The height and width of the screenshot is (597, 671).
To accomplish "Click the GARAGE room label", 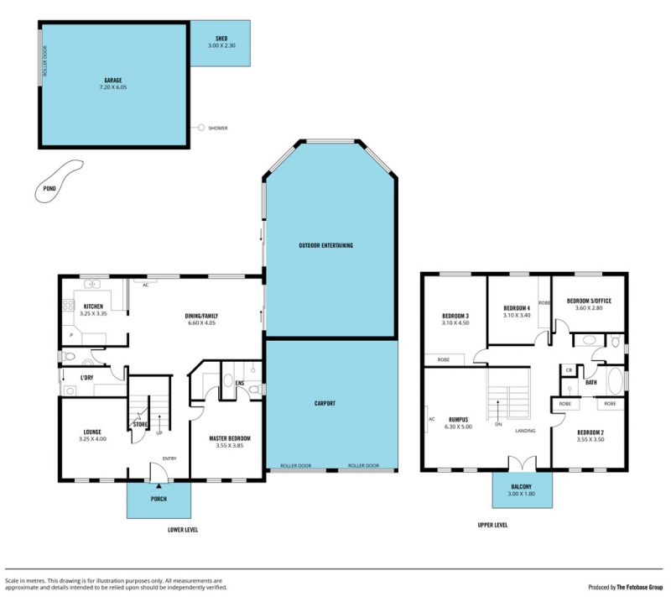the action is pos(113,80).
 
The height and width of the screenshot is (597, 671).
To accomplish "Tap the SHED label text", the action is pos(221,39).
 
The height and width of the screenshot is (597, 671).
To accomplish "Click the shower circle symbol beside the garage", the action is pos(201,128).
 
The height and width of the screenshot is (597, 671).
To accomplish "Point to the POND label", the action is pos(49,188).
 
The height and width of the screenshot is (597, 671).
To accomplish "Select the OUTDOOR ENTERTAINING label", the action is pos(326,245).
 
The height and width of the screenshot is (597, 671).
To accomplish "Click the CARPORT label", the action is pos(325,403).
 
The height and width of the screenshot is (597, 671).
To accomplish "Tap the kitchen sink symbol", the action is pos(92,284).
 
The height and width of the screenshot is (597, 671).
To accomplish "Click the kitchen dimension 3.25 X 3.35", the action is pos(93,313).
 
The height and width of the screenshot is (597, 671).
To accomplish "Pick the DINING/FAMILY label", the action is pos(201,316).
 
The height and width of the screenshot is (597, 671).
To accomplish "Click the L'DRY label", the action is pos(87,378).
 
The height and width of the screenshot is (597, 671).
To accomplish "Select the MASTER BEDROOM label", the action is pos(230,438).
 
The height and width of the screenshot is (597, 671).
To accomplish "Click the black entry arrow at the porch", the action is pos(159,486).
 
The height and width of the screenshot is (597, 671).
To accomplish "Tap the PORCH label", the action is pos(159,499).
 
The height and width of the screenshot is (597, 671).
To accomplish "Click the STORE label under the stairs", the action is pos(140,424).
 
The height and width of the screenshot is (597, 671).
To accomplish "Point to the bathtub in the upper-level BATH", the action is pos(615,380).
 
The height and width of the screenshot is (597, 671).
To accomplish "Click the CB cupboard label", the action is pos(569,370).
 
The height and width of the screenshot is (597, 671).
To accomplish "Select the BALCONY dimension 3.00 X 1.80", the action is pos(521,494).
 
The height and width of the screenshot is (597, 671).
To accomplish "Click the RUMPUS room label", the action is pos(458,420).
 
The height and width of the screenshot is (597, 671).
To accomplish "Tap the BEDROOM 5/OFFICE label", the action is pos(589,301).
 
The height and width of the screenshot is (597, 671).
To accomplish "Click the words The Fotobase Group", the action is pos(639,587).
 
